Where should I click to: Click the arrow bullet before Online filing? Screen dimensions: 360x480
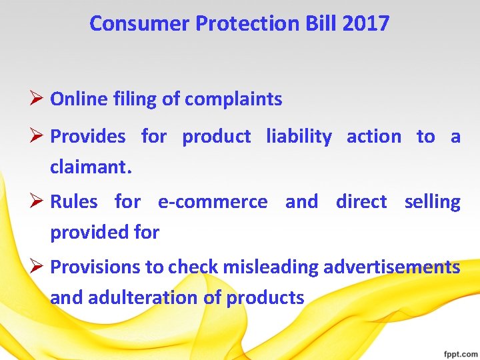[38, 99]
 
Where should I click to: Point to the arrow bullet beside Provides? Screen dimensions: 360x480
[38, 136]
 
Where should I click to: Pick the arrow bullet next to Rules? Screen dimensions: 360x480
[38, 201]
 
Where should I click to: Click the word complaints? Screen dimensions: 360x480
[233, 100]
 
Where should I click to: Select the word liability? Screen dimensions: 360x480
[299, 137]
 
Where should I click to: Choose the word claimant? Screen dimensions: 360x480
[89, 168]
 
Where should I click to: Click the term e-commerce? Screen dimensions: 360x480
[212, 201]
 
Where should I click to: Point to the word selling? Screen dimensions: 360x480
[432, 201]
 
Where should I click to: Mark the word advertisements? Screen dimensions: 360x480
[391, 267]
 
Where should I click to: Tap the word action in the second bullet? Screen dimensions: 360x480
[373, 137]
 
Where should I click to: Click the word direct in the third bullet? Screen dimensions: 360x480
[361, 201]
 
